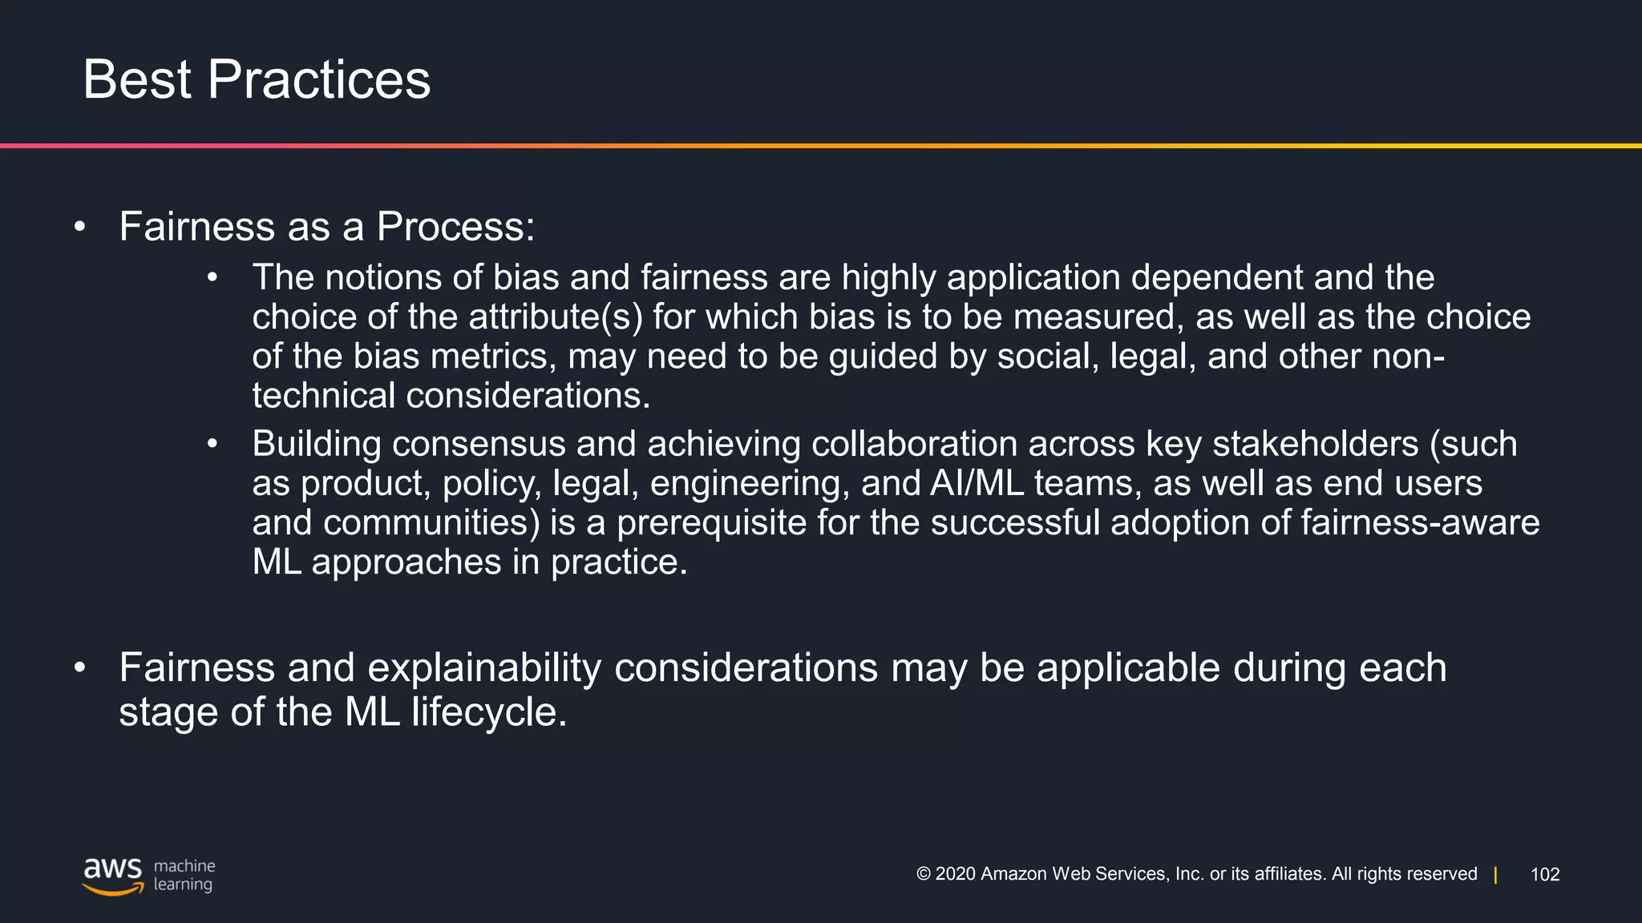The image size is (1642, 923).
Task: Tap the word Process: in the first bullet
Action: point(455,227)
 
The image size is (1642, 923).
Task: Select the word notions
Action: point(382,278)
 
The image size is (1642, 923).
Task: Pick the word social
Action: point(1047,357)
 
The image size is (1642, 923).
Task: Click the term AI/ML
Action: point(977,483)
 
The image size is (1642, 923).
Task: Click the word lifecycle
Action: point(489,711)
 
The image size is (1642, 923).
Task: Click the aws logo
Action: point(113,876)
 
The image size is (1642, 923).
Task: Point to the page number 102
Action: point(1545,874)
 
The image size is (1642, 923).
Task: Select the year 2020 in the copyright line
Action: point(955,874)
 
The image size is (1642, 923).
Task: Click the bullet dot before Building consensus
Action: point(212,444)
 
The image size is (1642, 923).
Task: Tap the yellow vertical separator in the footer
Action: point(1495,874)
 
